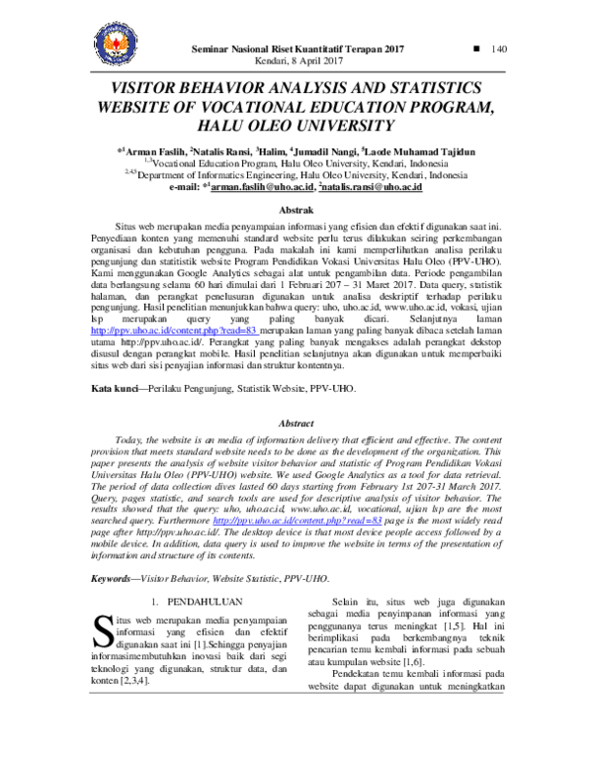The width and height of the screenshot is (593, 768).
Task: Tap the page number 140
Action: coord(498,49)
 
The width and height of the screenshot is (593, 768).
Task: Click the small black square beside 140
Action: coord(477,48)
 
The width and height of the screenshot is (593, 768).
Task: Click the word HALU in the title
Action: coord(228,127)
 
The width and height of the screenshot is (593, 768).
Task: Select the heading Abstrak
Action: coord(297,211)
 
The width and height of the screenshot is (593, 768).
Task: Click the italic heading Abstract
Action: coord(297,423)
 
